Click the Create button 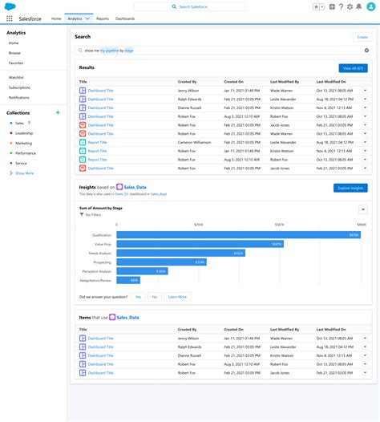coord(362,37)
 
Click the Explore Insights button coord(350,188)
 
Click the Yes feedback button coord(138,297)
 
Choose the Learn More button coord(177,297)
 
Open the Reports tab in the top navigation coord(103,18)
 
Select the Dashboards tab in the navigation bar coord(125,18)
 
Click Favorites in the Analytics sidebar coord(16,62)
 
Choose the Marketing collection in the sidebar coord(23,143)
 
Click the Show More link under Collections coord(23,172)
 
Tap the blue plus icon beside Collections coord(57,113)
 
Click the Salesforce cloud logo coord(10,6)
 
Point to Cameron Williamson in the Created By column coord(195,142)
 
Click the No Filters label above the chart coord(94,216)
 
